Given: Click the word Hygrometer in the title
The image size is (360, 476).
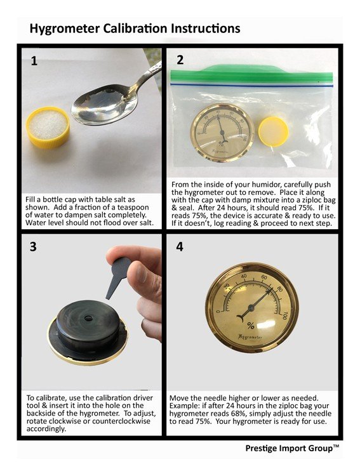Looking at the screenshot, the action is tap(64, 29).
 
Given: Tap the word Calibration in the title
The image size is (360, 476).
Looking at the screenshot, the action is tap(135, 29).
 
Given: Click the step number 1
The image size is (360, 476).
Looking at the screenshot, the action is tap(34, 61).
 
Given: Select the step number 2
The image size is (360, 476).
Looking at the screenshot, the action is tap(180, 60).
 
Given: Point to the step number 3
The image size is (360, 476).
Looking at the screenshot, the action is tap(33, 246).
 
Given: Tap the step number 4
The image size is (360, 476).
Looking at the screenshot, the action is tap(180, 246).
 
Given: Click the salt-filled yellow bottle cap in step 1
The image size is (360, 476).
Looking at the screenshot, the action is tap(48, 127).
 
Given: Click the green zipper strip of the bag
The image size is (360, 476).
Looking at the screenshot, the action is tap(251, 74).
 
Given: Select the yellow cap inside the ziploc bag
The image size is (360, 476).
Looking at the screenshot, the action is tap(273, 132).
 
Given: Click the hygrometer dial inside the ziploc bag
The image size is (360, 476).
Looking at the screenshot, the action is tap(222, 133).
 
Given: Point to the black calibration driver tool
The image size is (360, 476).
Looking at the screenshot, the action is tap(118, 276).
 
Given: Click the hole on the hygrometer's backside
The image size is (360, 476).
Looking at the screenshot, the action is tap(89, 319).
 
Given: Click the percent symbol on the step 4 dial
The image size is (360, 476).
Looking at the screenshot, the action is tap(251, 326).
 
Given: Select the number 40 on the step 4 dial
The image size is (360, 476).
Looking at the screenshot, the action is tap(244, 277).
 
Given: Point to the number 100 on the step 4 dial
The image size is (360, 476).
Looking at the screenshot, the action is tap(284, 315).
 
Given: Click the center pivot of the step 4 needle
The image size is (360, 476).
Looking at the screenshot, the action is tap(251, 308).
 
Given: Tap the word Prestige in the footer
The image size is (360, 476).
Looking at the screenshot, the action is tap(260, 448).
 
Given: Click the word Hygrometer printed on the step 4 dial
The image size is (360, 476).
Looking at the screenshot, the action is tap(250, 337).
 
